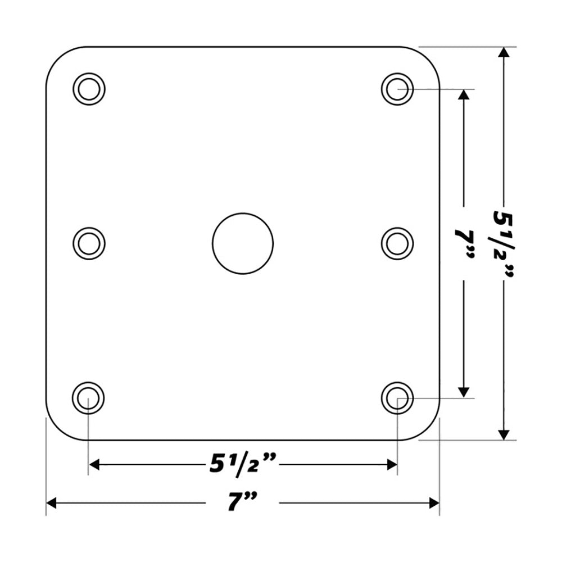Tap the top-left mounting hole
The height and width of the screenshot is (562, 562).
click(x=89, y=89)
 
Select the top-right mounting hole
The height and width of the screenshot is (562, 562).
click(x=397, y=89)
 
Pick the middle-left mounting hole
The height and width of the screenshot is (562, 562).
click(x=89, y=243)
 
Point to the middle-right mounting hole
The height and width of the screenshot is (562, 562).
click(x=397, y=243)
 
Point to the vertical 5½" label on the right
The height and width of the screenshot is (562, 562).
click(x=504, y=243)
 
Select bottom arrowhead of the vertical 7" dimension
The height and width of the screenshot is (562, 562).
click(x=464, y=391)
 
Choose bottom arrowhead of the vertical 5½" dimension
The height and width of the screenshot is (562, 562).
click(x=504, y=433)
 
